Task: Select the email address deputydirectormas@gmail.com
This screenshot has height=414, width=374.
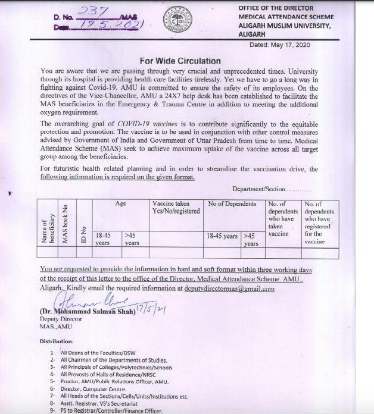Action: click(228, 288)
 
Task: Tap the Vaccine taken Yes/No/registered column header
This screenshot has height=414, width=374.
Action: click(176, 208)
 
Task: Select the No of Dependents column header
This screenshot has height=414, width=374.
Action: click(232, 204)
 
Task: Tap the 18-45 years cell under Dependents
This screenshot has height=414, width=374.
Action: click(222, 236)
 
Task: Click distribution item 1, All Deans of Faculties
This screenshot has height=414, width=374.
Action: click(98, 353)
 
